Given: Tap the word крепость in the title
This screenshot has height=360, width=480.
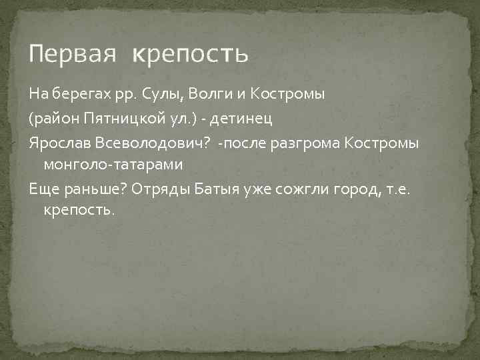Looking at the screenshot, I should click(x=189, y=53).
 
